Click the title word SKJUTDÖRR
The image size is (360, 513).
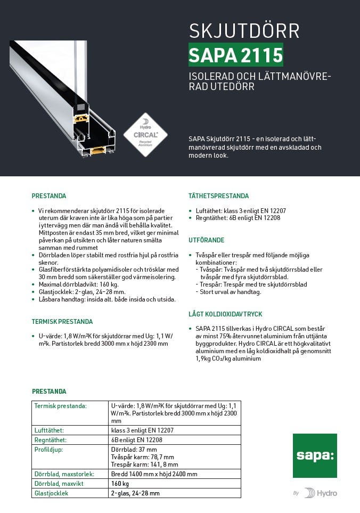click(x=244, y=31)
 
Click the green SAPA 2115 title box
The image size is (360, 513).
click(x=236, y=55)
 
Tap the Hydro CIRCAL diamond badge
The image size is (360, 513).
click(x=145, y=134)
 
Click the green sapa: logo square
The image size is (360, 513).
click(x=315, y=455)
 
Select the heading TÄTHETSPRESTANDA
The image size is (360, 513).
click(x=218, y=196)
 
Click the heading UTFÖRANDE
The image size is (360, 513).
click(x=206, y=241)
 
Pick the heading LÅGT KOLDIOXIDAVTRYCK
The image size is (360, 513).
click(x=225, y=314)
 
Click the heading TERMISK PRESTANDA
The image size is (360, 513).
click(x=62, y=322)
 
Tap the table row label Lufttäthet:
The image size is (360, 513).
click(x=49, y=430)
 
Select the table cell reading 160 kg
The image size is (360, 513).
click(x=120, y=484)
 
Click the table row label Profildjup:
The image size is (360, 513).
click(x=48, y=450)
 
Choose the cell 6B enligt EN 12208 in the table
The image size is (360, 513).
click(x=137, y=440)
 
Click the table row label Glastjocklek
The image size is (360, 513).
click(x=51, y=493)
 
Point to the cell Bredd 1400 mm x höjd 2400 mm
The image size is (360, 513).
click(x=154, y=474)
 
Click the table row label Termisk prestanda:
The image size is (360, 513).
click(x=60, y=406)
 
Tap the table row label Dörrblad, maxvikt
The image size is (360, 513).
click(x=59, y=484)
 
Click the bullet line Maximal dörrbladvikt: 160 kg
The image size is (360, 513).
click(x=78, y=284)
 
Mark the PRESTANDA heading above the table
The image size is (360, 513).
click(x=49, y=392)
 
